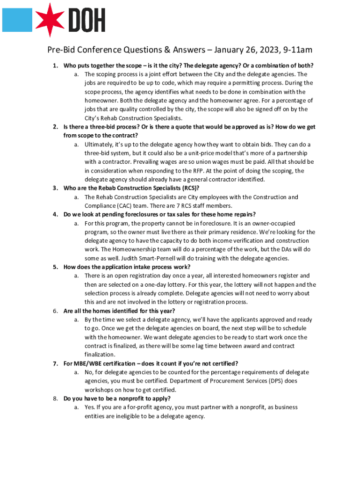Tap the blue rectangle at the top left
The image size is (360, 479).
click(x=17, y=19)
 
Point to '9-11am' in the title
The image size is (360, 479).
click(x=295, y=50)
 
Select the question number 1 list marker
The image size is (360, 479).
click(x=55, y=65)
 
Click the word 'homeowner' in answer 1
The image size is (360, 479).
click(x=101, y=101)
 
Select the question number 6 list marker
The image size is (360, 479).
click(x=55, y=311)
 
